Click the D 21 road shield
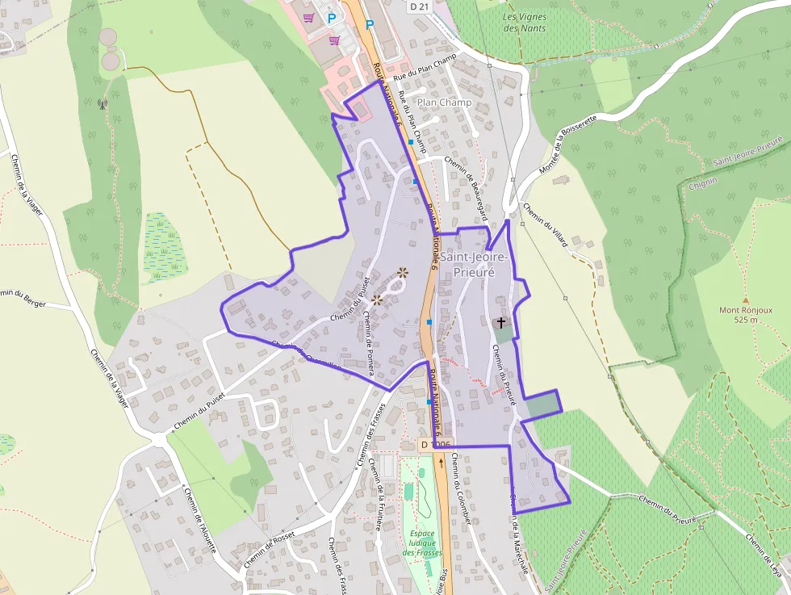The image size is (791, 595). pyautogui.click(x=416, y=6)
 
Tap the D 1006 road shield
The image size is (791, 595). pyautogui.click(x=437, y=444)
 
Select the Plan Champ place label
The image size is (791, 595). pyautogui.click(x=444, y=103)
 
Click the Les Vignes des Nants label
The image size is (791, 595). pyautogui.click(x=524, y=23)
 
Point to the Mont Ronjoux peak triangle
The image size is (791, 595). pyautogui.click(x=745, y=300)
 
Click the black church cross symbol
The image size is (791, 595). pyautogui.click(x=501, y=323)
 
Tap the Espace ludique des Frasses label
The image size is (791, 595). pyautogui.click(x=421, y=543)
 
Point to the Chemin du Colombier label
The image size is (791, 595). pyautogui.click(x=464, y=488)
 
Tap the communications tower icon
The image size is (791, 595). pyautogui.click(x=103, y=103)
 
